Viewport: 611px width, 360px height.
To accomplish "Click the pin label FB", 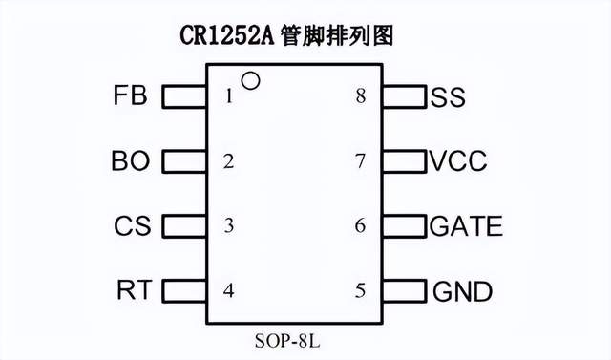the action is (x=130, y=96).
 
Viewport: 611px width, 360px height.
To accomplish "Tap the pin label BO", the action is (x=130, y=161).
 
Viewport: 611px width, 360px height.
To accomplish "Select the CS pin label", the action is (x=132, y=226).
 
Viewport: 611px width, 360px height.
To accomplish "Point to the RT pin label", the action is (x=134, y=290).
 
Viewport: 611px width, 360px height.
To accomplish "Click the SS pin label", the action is (x=448, y=96).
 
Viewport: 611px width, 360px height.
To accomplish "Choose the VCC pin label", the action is (x=458, y=161).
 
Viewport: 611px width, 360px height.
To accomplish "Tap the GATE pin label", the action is (x=466, y=226).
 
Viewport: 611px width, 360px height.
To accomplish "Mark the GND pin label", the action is (x=462, y=290).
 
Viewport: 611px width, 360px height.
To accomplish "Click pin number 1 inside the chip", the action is (x=229, y=96).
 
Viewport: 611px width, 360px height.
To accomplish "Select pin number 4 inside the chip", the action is (x=229, y=290).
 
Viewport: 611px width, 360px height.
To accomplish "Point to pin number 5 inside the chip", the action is (x=360, y=290).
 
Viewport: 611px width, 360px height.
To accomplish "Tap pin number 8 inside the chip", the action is (x=360, y=96).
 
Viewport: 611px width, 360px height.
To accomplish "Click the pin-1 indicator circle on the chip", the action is (x=250, y=81).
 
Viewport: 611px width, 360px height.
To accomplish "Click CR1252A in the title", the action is (x=225, y=35).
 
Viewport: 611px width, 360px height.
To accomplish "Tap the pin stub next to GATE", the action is (x=404, y=226).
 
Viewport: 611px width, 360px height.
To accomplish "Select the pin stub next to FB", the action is (x=185, y=96).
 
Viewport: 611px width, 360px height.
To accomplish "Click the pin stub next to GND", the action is (x=404, y=290).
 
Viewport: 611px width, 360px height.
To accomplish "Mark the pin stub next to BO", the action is (x=185, y=161).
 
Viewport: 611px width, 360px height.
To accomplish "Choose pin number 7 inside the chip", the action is (x=360, y=161).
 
